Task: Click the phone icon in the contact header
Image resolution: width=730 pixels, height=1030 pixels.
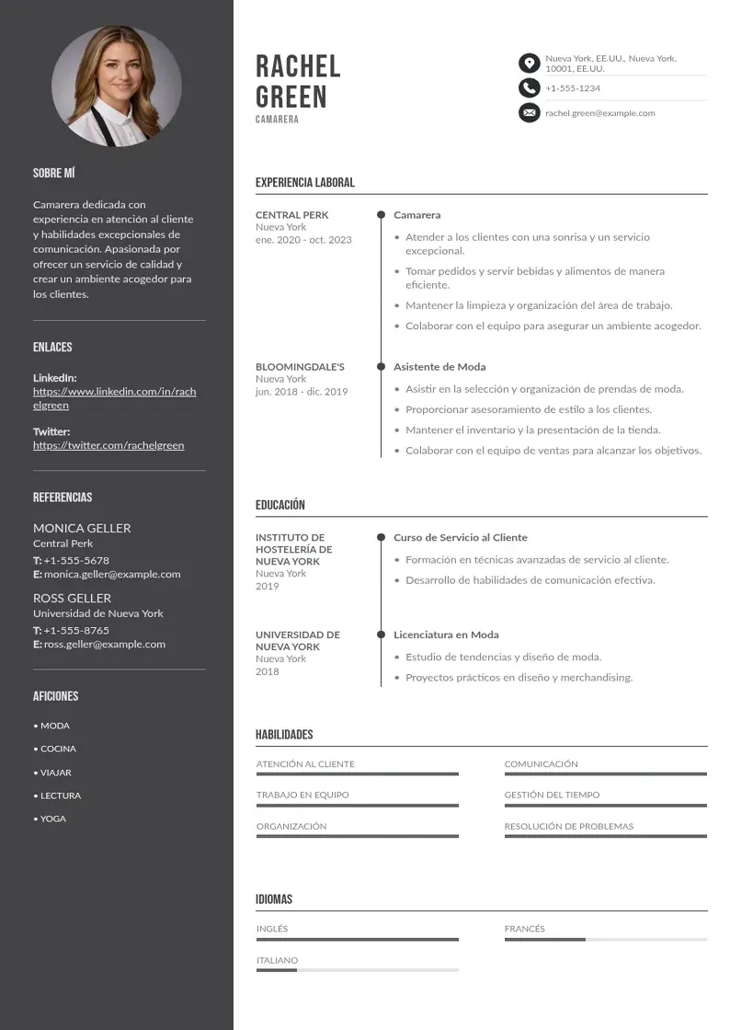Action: (x=529, y=88)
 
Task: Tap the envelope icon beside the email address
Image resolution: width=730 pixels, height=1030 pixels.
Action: (x=529, y=113)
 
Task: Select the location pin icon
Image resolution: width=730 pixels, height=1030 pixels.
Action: (x=529, y=63)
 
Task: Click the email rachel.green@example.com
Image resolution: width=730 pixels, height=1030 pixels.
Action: (x=599, y=113)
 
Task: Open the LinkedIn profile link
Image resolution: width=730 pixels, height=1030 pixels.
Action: (x=115, y=398)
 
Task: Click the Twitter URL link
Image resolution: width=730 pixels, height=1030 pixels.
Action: (x=108, y=445)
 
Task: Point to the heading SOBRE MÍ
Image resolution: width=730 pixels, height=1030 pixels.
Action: (x=53, y=173)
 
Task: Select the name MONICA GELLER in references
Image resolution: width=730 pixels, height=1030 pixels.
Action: (x=82, y=528)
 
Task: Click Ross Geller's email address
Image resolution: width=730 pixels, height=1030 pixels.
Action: (x=105, y=645)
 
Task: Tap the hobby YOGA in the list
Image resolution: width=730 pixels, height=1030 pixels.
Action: (x=53, y=818)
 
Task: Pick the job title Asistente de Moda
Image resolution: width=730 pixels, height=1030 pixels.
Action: (x=439, y=367)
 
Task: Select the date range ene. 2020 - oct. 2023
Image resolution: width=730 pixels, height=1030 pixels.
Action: (x=303, y=240)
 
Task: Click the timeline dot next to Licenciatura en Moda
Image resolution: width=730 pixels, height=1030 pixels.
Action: (x=381, y=635)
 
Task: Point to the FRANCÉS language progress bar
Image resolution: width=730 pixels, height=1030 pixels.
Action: (x=605, y=940)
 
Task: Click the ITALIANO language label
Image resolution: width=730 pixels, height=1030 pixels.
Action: (x=277, y=960)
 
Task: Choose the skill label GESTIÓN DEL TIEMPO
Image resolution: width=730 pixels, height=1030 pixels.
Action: (x=552, y=795)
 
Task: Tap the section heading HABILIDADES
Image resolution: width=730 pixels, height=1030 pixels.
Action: (x=284, y=735)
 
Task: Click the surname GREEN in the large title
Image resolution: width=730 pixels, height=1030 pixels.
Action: (x=291, y=97)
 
